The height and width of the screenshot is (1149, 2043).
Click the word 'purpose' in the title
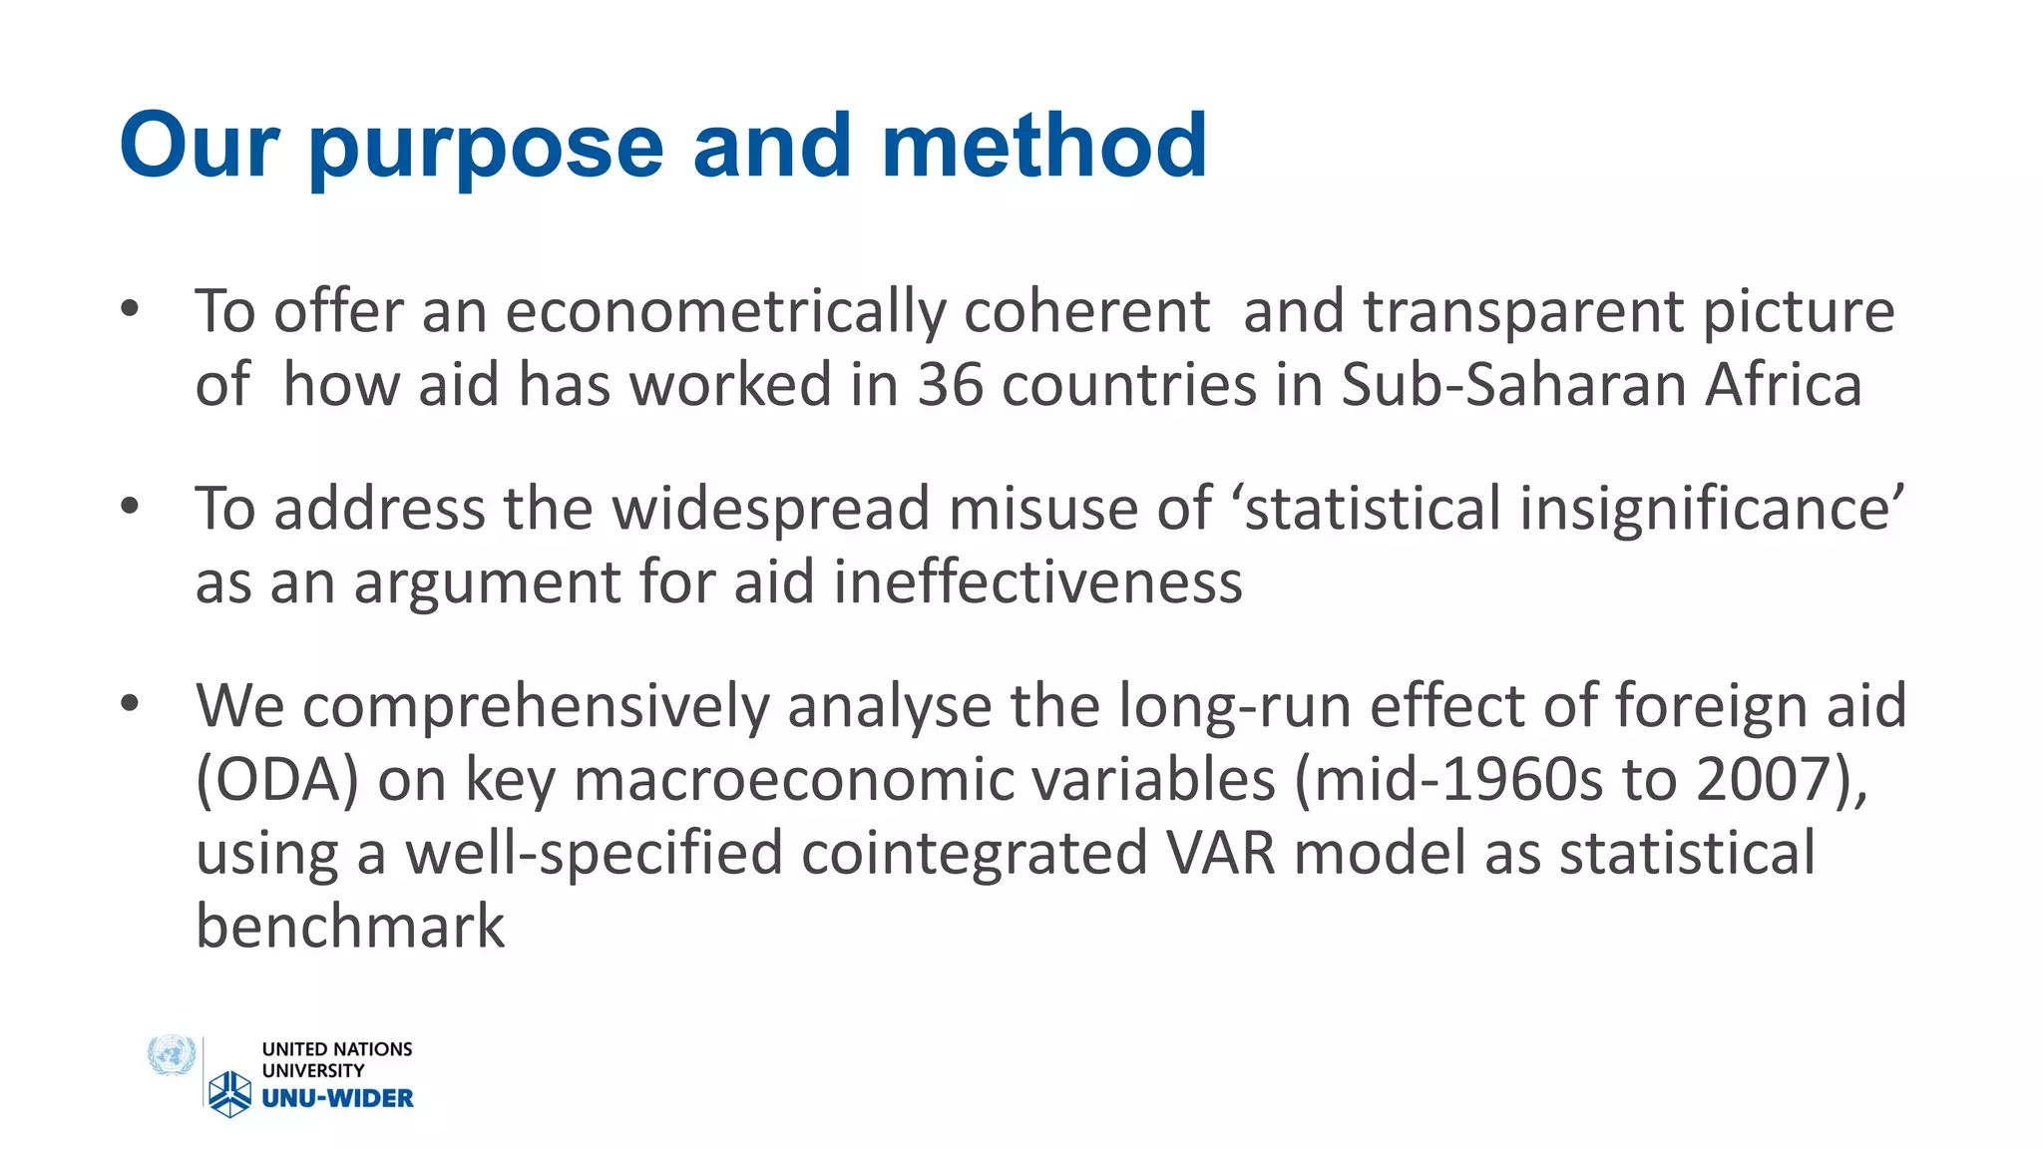point(486,148)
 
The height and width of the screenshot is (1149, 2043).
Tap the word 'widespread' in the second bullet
point(771,509)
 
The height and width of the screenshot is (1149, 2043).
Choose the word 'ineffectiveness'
point(1037,582)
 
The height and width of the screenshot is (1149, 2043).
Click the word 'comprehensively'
point(536,706)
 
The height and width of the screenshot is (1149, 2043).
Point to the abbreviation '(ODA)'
point(276,780)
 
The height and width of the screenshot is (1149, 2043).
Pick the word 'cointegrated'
point(973,854)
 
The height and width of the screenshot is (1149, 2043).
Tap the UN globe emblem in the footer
point(171,1056)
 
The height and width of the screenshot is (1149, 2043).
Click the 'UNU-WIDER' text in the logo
point(337,1098)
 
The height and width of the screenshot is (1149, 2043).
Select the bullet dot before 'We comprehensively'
point(130,704)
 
